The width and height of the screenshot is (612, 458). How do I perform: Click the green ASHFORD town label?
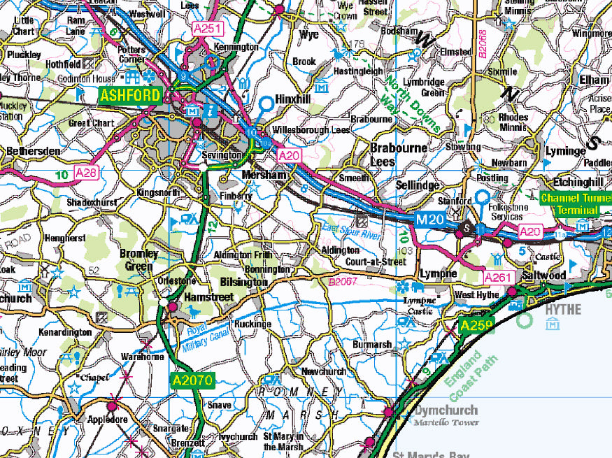coord(130,95)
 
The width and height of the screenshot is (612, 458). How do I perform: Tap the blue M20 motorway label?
coord(431,220)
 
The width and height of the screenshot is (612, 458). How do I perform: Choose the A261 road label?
coord(499,278)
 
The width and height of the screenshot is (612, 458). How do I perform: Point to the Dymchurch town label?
coord(446,410)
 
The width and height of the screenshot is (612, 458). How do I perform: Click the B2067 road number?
coord(344,282)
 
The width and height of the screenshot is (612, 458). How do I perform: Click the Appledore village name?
coord(107,420)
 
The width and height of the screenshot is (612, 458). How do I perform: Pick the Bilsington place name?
coord(243,282)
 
